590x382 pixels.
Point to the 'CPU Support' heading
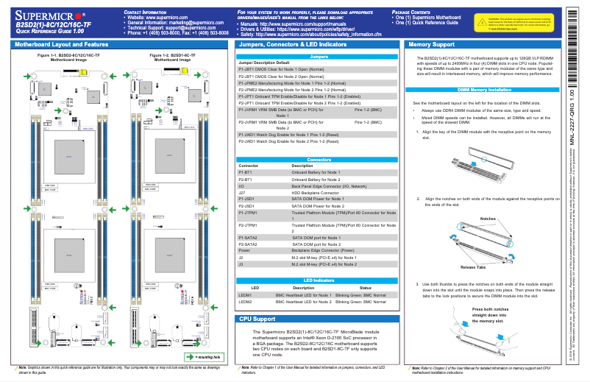click(x=257, y=319)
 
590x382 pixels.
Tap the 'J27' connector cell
click(x=243, y=193)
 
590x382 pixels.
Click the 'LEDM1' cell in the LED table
click(x=246, y=294)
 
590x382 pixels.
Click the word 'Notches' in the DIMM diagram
click(x=488, y=219)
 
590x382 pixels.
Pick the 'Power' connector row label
click(x=246, y=250)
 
